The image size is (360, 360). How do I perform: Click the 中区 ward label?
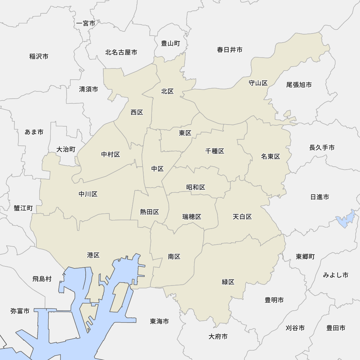(x=157, y=169)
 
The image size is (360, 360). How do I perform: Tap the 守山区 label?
(x=258, y=83)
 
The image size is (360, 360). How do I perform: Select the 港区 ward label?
(x=93, y=255)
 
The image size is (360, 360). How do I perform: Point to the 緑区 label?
(x=228, y=282)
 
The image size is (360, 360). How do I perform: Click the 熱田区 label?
(x=150, y=212)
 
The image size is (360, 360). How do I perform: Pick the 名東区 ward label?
(x=271, y=157)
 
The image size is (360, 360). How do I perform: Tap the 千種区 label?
(x=215, y=151)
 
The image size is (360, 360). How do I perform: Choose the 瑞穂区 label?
(x=192, y=217)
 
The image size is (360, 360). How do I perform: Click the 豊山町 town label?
(x=170, y=44)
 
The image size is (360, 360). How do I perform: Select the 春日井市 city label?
(x=230, y=50)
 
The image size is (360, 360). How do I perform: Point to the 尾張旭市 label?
(x=299, y=85)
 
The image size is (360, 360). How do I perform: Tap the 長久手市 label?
(x=322, y=148)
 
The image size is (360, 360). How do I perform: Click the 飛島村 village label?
(x=42, y=279)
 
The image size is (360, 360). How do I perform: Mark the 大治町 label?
(x=66, y=149)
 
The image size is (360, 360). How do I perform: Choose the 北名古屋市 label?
(x=121, y=53)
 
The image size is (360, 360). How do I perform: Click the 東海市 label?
(x=159, y=321)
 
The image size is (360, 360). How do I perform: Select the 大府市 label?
(x=218, y=337)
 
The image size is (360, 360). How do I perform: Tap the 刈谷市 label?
(x=295, y=328)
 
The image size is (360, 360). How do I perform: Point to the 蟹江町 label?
(x=23, y=208)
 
